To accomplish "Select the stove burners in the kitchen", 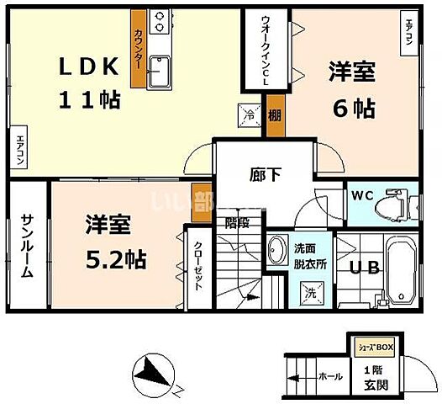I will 160,18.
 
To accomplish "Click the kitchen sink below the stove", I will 160,74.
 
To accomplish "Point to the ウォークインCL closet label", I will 266,49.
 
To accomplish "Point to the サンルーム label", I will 28,246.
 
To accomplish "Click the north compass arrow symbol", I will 150,371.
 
